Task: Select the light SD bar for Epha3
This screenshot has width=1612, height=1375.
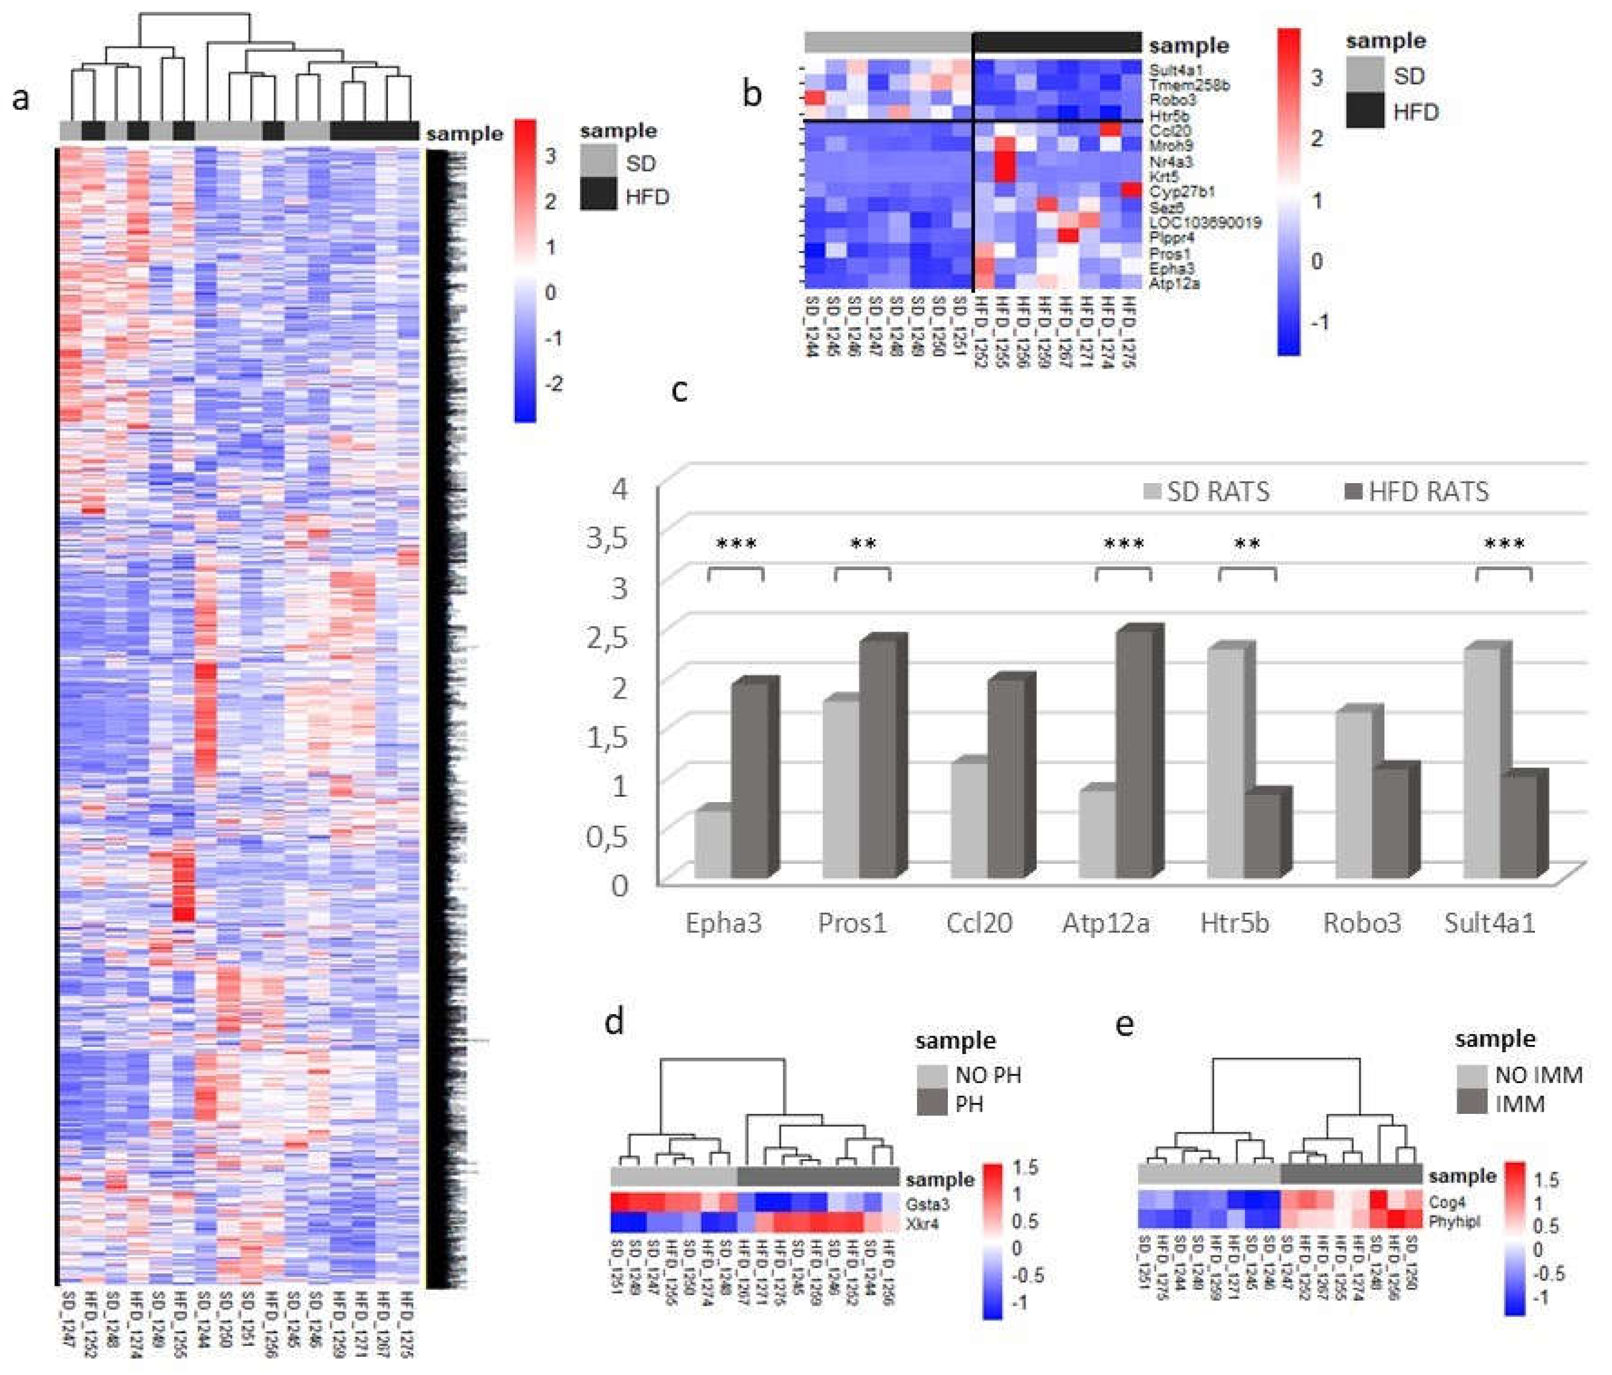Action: click(713, 844)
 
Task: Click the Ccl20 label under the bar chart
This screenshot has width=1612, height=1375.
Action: click(979, 923)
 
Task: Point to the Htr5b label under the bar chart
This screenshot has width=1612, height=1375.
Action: click(1234, 923)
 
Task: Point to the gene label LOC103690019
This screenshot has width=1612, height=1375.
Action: click(1204, 223)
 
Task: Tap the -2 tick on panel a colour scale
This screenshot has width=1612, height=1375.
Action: click(553, 383)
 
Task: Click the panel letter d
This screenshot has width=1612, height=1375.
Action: click(614, 1021)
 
